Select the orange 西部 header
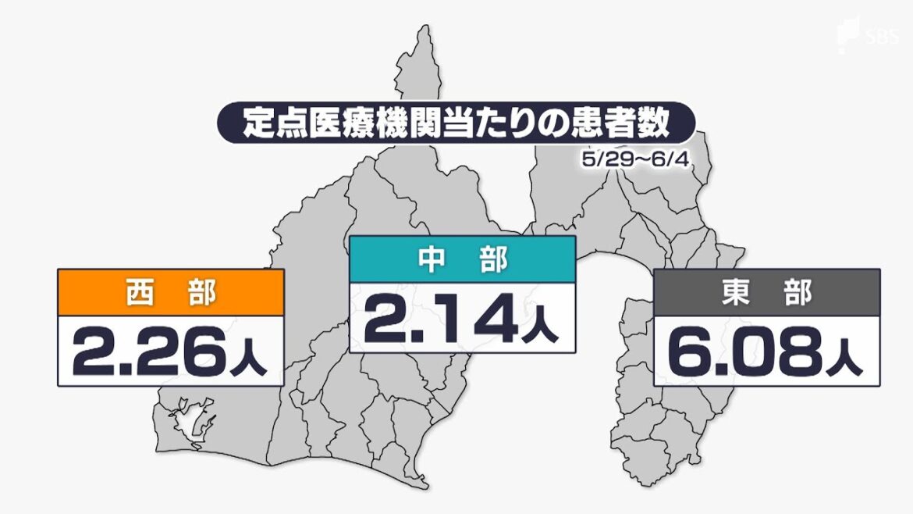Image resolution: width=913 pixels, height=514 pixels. (x=170, y=293)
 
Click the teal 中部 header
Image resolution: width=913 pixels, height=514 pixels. (x=462, y=259)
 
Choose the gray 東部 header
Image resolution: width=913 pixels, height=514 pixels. (x=766, y=293)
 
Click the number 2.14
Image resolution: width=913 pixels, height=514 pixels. (x=439, y=320)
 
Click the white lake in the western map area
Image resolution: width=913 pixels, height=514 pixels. (x=192, y=421)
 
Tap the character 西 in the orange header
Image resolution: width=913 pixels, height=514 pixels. (x=137, y=293)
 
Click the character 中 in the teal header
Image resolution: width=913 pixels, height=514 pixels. (x=428, y=259)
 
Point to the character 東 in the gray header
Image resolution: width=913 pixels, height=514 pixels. (x=734, y=293)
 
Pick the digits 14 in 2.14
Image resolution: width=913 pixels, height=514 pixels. (x=476, y=320)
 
